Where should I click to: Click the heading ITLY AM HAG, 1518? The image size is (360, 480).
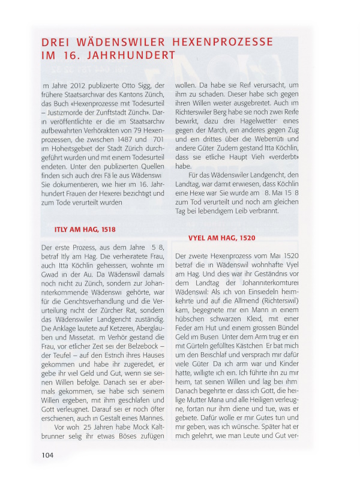(x=85, y=229)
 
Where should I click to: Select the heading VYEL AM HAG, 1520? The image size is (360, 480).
(x=222, y=238)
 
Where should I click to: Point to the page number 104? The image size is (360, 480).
(x=48, y=455)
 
